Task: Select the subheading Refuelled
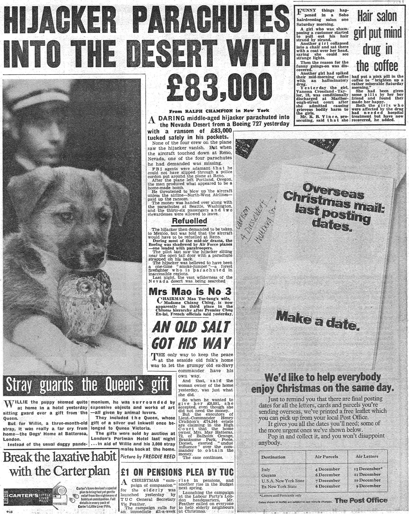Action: [x=189, y=221]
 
